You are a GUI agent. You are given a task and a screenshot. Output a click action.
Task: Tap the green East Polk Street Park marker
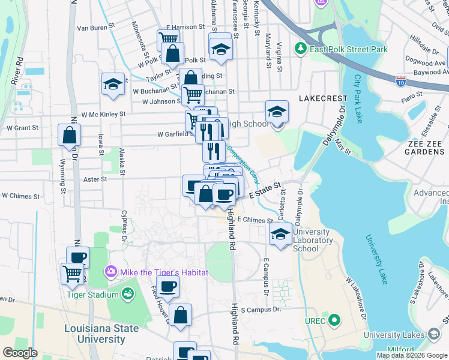[300, 47]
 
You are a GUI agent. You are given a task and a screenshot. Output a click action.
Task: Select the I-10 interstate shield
[400, 80]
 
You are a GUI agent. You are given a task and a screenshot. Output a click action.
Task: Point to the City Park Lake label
[358, 98]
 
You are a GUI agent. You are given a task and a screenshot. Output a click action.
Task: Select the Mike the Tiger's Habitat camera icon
[111, 272]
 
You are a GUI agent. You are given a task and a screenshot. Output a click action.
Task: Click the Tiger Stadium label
[92, 295]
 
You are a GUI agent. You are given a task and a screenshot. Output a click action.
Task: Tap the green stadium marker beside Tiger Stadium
[127, 293]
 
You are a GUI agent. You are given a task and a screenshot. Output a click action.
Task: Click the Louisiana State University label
[101, 334]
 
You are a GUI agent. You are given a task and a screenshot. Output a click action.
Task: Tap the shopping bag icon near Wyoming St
[70, 135]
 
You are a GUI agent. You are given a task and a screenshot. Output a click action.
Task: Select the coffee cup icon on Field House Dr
[167, 287]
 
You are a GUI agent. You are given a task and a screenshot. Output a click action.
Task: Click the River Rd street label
[17, 71]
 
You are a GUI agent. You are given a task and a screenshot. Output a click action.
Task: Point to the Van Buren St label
[95, 28]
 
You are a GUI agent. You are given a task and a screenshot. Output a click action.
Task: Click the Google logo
[20, 352]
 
